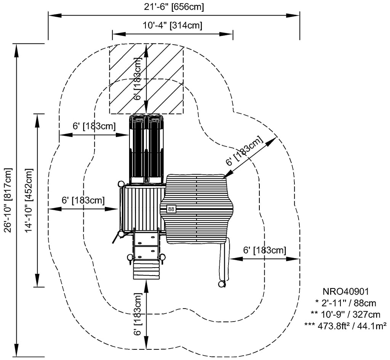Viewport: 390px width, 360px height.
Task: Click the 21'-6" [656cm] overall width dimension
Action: pyautogui.click(x=174, y=7)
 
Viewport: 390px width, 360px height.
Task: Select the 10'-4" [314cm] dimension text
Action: pyautogui.click(x=173, y=25)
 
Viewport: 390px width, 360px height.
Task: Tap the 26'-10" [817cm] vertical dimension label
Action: pyautogui.click(x=8, y=199)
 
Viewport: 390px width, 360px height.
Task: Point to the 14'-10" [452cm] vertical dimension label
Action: pyautogui.click(x=29, y=200)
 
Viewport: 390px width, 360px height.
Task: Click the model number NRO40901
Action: pyautogui.click(x=345, y=292)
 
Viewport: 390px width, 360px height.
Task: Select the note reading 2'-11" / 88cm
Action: pyautogui.click(x=345, y=303)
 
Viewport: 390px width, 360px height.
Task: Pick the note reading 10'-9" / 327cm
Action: pyautogui.click(x=345, y=314)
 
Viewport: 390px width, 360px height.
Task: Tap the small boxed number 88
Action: pyautogui.click(x=171, y=209)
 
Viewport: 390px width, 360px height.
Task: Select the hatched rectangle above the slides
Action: pyautogui.click(x=146, y=79)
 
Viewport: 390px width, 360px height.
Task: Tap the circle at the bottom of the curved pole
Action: pyautogui.click(x=221, y=284)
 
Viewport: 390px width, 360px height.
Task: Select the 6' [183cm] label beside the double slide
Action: pyautogui.click(x=94, y=126)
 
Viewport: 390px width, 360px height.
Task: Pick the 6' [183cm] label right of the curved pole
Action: pyautogui.click(x=265, y=250)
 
